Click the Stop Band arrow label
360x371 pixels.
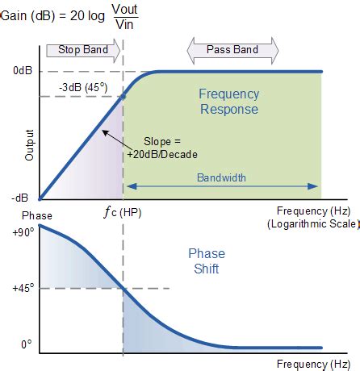pyautogui.click(x=83, y=50)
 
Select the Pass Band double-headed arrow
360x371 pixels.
pyautogui.click(x=232, y=51)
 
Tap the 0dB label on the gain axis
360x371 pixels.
pyautogui.click(x=23, y=71)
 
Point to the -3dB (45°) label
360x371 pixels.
pyautogui.click(x=83, y=87)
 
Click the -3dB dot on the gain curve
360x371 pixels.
pyautogui.click(x=123, y=96)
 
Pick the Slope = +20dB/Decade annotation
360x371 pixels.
pyautogui.click(x=162, y=148)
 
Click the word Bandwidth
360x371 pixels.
pyautogui.click(x=221, y=177)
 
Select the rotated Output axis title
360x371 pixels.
pyautogui.click(x=29, y=145)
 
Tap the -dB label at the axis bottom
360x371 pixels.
pyautogui.click(x=20, y=198)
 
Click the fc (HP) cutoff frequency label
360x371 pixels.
pyautogui.click(x=123, y=212)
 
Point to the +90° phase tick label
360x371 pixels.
pyautogui.click(x=23, y=232)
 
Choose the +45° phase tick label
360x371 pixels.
pyautogui.click(x=23, y=288)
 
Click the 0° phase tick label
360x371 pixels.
pyautogui.click(x=27, y=344)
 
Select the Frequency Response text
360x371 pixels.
pyautogui.click(x=229, y=102)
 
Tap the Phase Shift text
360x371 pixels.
pyautogui.click(x=207, y=261)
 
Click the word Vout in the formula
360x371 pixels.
pyautogui.click(x=125, y=9)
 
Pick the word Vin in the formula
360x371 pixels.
pyautogui.click(x=124, y=25)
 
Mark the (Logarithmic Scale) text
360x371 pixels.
pyautogui.click(x=312, y=224)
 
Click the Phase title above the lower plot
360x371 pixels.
pyautogui.click(x=37, y=215)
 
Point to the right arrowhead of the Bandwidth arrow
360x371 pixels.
pyautogui.click(x=312, y=186)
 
